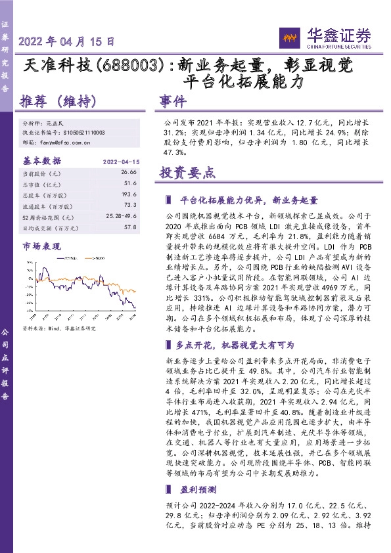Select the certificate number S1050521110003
tap(85, 133)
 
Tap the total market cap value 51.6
tap(130, 184)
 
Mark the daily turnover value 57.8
tap(130, 227)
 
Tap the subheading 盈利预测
tap(195, 490)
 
